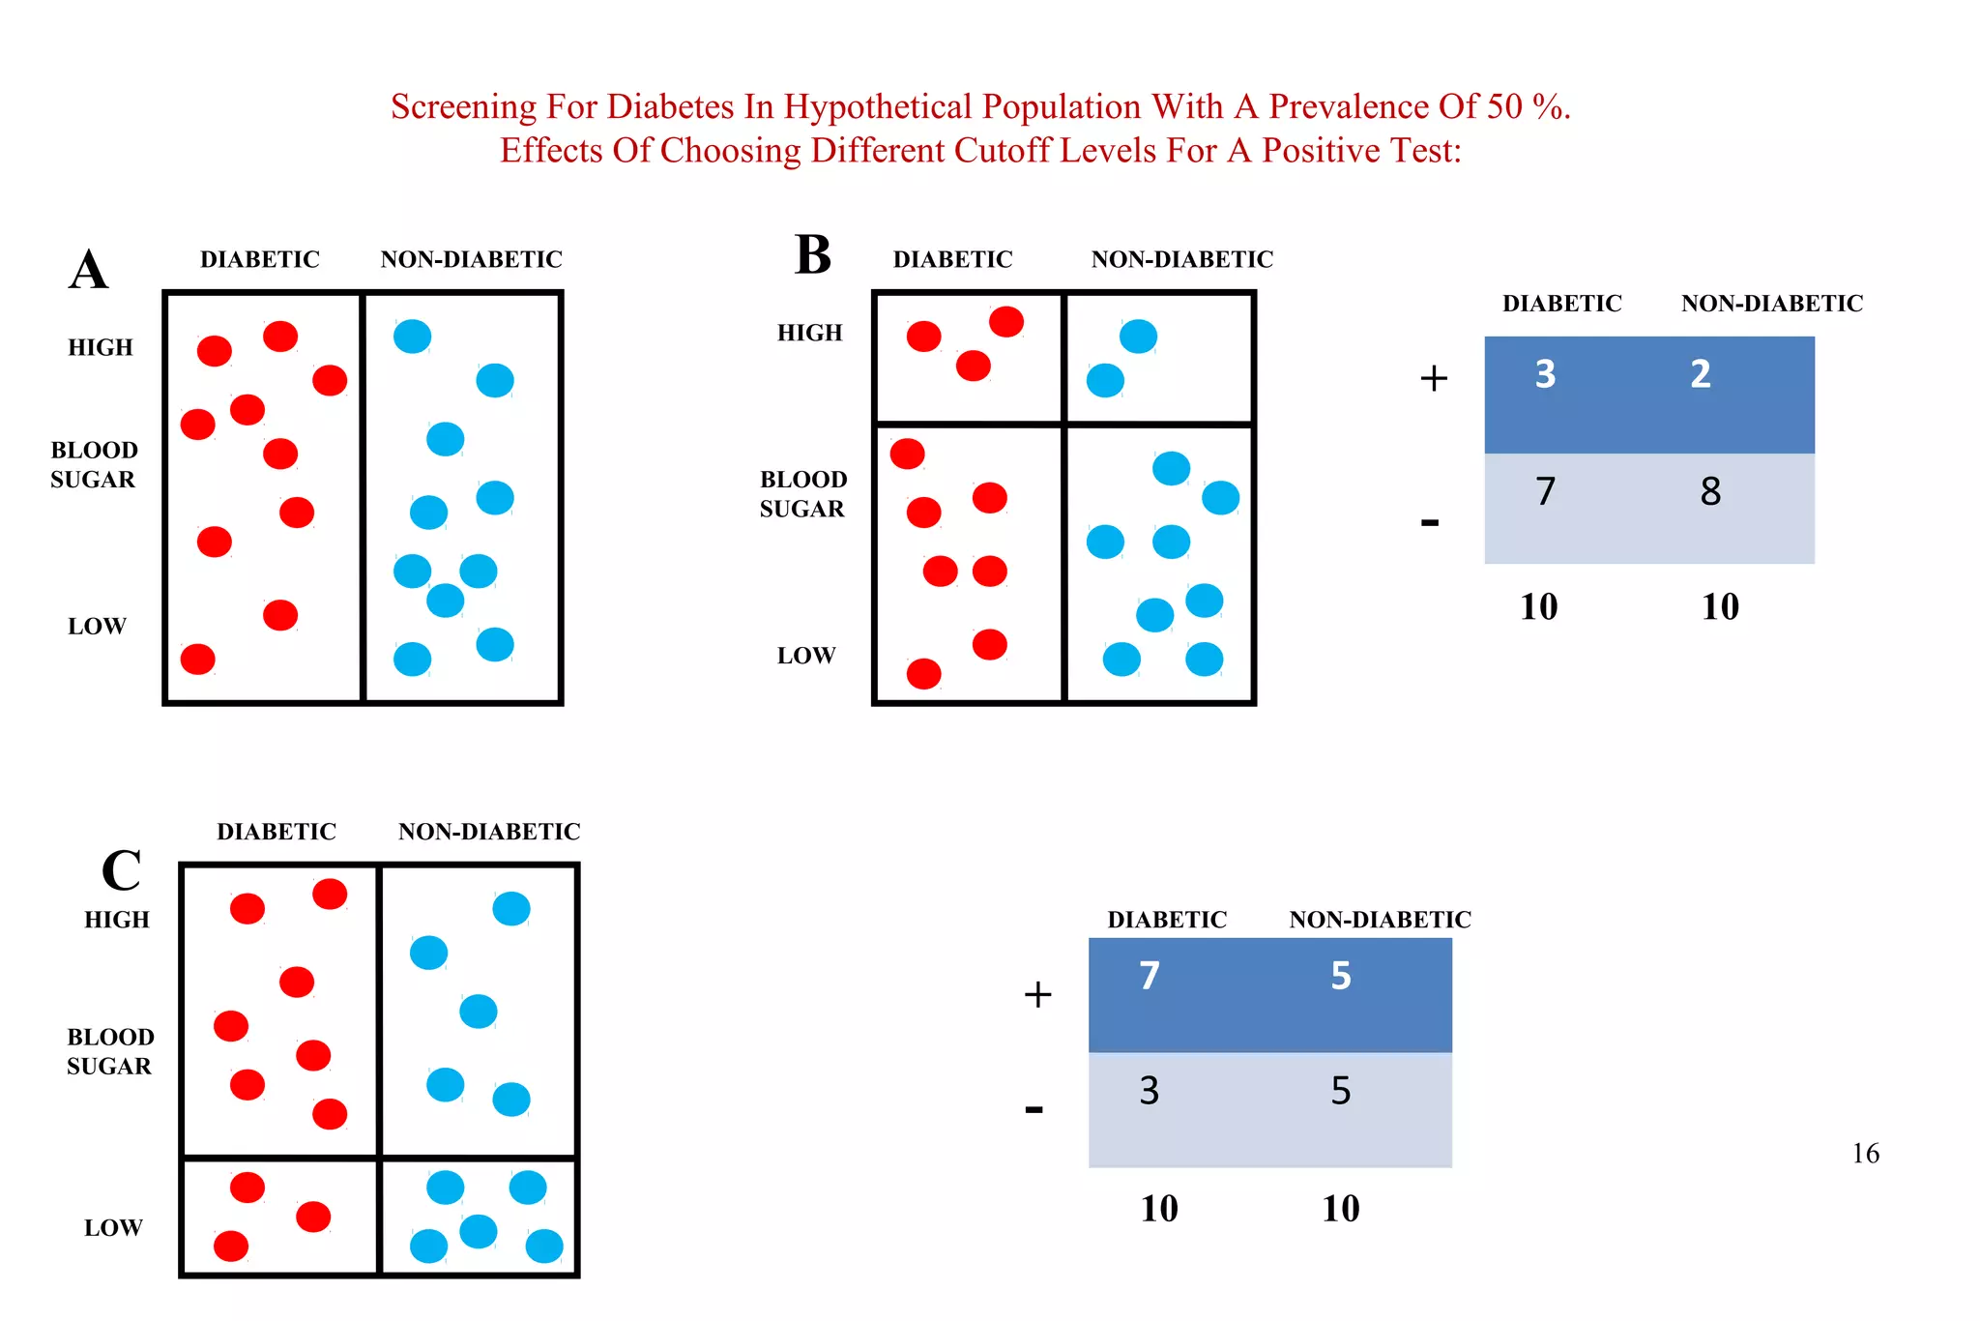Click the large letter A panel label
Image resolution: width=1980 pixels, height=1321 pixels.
coord(88,270)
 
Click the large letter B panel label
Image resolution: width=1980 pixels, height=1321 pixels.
coord(812,255)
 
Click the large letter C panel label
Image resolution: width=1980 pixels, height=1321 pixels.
coord(122,870)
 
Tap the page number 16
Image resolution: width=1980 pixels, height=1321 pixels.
coord(1865,1153)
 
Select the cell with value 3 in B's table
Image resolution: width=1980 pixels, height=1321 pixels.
coord(1545,374)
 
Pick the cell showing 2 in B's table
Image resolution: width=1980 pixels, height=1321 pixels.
coord(1701,374)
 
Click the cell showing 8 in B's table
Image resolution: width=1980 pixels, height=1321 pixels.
coord(1710,492)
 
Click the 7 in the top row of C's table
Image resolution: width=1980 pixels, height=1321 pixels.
coord(1149,976)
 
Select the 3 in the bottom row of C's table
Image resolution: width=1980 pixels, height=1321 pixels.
coord(1149,1091)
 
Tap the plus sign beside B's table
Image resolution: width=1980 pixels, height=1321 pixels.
coord(1434,378)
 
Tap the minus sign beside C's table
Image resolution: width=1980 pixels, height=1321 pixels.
coord(1034,1108)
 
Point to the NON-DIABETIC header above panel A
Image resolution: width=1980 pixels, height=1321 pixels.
coord(471,259)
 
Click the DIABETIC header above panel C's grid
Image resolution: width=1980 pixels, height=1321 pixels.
coord(277,832)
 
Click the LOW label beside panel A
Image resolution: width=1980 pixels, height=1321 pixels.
coord(97,626)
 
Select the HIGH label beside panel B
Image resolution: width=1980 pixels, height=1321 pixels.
coord(810,333)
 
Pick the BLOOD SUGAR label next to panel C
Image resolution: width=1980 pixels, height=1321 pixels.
coord(109,1051)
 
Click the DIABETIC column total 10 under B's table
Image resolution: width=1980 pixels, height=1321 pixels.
coord(1538,607)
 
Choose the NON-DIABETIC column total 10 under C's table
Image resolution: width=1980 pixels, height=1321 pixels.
coord(1340,1209)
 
